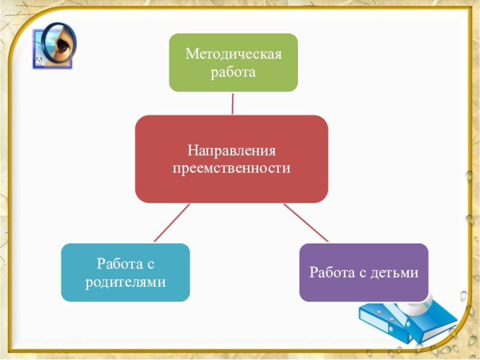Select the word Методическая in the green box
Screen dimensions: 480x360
tap(233, 55)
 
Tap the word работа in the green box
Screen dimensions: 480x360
tap(232, 73)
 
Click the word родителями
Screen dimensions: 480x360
tap(125, 281)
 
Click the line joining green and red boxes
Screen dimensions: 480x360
tap(232, 103)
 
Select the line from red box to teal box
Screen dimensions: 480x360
tap(172, 223)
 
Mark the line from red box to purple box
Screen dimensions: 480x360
tap(305, 223)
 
